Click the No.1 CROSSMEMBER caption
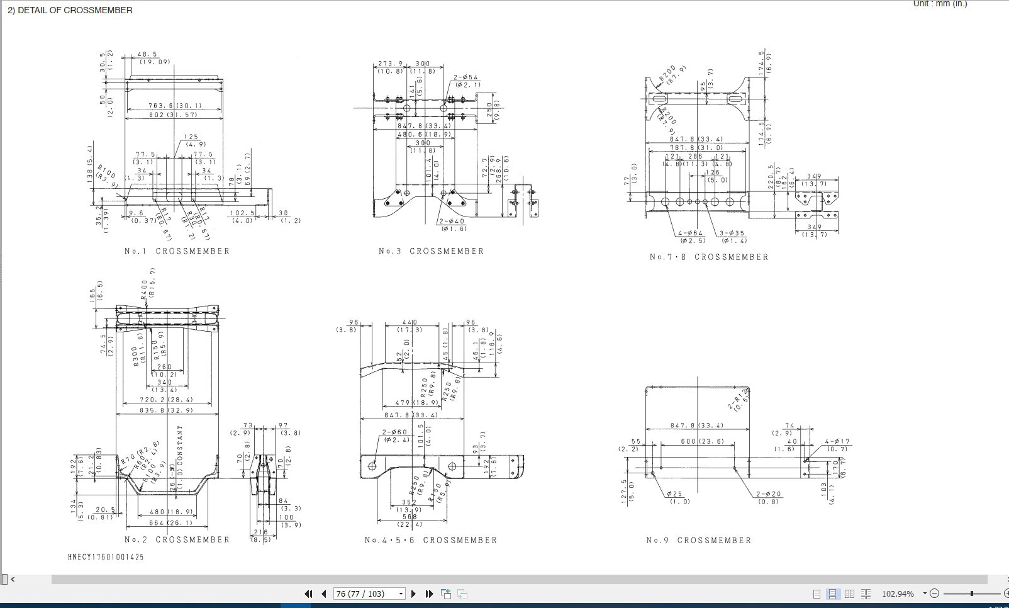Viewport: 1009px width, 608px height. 177,251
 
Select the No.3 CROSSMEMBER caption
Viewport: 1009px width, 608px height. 431,251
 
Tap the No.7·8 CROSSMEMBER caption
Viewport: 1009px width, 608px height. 709,257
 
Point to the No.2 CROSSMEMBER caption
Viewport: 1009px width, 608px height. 177,539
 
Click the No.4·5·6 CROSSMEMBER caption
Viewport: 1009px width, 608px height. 431,540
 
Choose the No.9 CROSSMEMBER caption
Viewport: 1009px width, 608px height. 698,540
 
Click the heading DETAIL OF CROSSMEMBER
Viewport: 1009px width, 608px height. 70,10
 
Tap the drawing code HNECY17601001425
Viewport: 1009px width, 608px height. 106,557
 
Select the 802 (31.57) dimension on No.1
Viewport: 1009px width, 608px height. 173,115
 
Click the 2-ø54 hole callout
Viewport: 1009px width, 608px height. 466,77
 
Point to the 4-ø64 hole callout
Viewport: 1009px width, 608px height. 691,234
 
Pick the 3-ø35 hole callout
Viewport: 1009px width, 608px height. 732,234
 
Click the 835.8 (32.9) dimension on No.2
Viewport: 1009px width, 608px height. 166,410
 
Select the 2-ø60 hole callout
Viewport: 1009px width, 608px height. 395,432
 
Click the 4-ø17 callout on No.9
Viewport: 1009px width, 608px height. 837,442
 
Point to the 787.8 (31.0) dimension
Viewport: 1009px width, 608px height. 696,147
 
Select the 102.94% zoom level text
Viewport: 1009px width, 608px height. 898,594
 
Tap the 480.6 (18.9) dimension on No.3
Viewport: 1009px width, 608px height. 424,134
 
